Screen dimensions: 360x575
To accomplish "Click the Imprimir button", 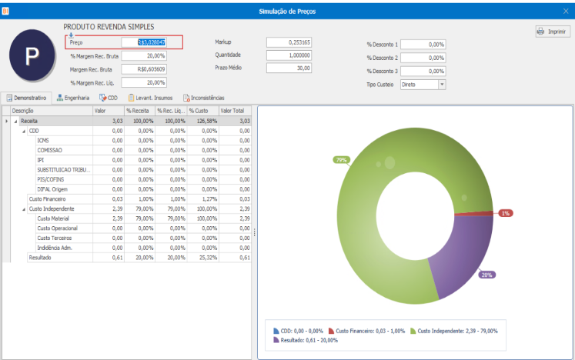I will click(x=552, y=32).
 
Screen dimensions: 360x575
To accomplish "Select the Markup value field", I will click(x=289, y=42).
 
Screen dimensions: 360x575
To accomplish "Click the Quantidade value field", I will click(x=289, y=55).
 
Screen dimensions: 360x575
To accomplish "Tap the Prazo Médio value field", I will click(x=289, y=68).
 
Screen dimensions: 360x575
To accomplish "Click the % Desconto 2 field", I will click(x=423, y=58).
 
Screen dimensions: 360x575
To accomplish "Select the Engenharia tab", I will click(x=74, y=98).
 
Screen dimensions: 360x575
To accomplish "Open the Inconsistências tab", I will click(x=204, y=98).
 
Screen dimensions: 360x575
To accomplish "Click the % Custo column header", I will click(x=202, y=111).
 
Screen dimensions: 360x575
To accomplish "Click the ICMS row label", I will click(x=44, y=141).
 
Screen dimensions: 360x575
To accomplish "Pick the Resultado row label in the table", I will click(x=41, y=257).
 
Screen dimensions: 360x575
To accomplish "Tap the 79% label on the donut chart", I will click(x=341, y=160).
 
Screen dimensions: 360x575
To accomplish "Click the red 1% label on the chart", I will click(x=505, y=213).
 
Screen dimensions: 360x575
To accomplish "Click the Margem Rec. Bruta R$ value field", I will click(x=144, y=69).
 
